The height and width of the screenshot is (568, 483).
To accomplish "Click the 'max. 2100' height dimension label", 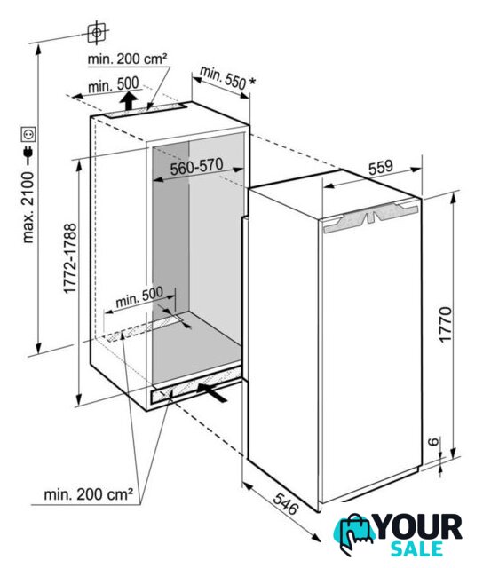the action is [x=28, y=207].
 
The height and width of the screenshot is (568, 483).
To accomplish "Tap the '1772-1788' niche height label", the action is [x=70, y=258].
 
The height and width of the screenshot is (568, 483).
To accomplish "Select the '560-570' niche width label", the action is [x=196, y=167].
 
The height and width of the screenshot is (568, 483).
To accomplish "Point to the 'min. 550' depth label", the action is [x=223, y=77].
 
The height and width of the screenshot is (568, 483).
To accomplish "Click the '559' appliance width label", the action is [x=381, y=168].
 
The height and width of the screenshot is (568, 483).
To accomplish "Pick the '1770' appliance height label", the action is [x=446, y=323].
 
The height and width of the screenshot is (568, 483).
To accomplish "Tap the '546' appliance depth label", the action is [x=286, y=503].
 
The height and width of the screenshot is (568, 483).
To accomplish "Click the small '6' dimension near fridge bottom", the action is [x=433, y=442].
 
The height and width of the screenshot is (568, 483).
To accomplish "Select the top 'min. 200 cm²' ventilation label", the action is [x=128, y=59].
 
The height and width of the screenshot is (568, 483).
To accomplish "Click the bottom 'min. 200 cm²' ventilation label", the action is [x=89, y=494].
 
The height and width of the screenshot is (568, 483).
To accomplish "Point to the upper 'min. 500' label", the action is [x=114, y=85].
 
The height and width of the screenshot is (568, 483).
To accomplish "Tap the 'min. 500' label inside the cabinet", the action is [x=139, y=297].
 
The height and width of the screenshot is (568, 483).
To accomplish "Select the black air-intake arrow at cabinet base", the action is [x=212, y=392].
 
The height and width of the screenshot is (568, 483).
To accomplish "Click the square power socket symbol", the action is [x=28, y=134].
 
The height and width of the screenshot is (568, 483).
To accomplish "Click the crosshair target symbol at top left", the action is [x=97, y=33].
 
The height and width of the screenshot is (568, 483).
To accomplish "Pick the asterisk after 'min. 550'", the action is [x=252, y=82].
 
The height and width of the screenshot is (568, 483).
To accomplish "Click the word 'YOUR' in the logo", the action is [x=419, y=526].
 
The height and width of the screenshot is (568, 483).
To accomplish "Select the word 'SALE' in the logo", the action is [x=416, y=548].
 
